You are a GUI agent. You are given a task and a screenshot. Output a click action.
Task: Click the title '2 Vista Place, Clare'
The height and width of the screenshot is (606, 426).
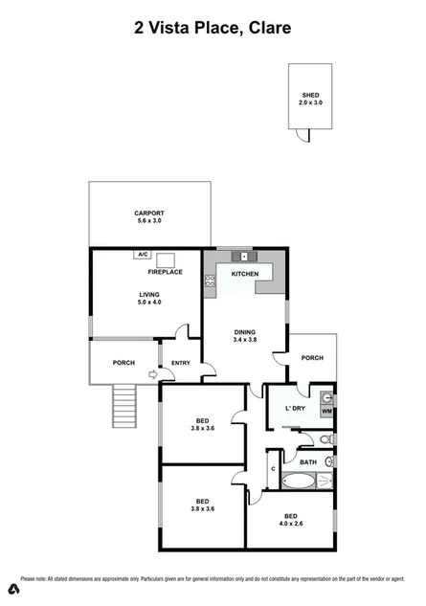(213, 28)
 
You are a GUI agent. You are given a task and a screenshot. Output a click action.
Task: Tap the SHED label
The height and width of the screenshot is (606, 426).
(310, 96)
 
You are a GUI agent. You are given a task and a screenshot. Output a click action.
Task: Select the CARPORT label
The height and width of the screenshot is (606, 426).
(148, 213)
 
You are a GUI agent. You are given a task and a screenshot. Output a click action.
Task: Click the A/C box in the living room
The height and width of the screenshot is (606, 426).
(143, 255)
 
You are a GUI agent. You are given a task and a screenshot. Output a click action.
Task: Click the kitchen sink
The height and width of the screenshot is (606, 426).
(245, 256)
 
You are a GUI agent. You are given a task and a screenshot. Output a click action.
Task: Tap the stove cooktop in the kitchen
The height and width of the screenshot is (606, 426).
(210, 281)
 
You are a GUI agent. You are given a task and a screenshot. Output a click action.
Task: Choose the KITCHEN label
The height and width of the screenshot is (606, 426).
(245, 275)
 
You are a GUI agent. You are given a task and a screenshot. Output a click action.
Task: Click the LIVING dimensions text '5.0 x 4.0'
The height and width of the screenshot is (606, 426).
(148, 303)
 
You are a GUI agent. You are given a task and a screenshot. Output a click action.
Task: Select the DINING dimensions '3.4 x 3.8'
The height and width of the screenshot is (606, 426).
(245, 340)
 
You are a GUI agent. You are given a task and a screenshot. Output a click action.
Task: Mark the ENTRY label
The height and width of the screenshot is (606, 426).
(181, 363)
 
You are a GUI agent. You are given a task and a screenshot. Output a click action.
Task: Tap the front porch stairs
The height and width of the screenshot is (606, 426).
(125, 406)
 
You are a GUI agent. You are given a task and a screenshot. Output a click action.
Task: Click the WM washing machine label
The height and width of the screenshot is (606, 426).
(326, 412)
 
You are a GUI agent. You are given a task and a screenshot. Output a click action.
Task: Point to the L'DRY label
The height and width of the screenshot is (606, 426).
(295, 410)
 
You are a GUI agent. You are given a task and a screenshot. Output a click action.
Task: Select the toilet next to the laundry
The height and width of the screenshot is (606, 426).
(325, 439)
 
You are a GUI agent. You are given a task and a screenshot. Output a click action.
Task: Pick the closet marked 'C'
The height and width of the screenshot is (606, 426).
(273, 468)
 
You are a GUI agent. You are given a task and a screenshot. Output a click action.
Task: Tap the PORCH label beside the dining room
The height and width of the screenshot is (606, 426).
(312, 358)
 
